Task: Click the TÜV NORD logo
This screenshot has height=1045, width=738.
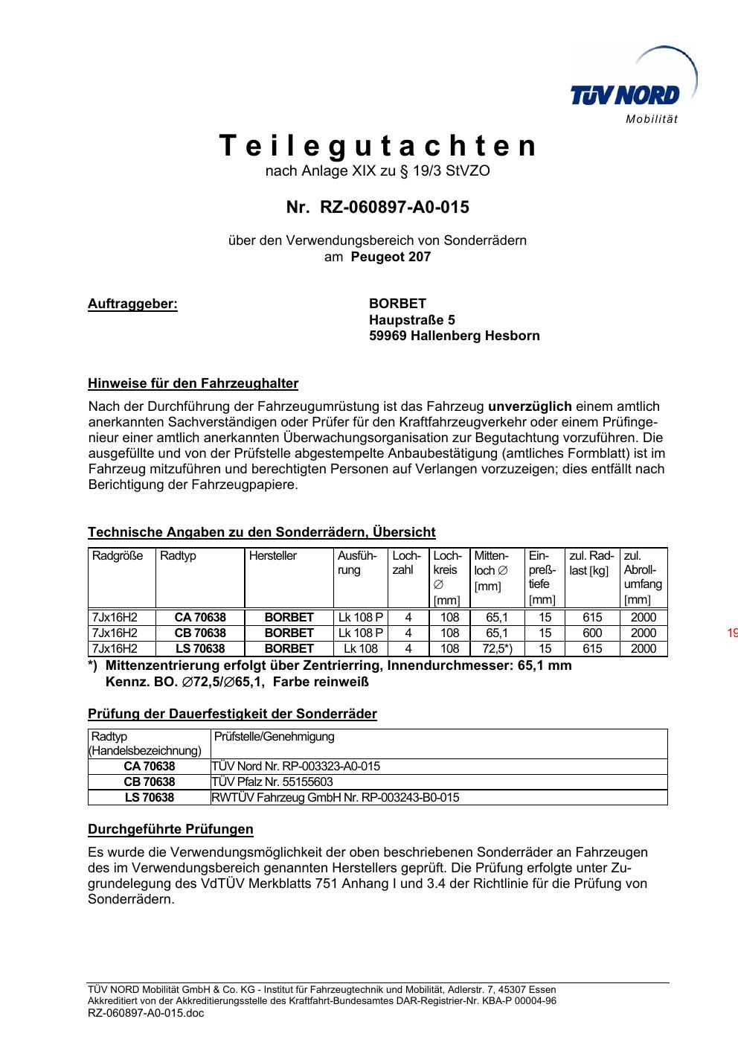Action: pyautogui.click(x=625, y=95)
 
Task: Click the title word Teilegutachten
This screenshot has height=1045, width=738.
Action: pyautogui.click(x=378, y=146)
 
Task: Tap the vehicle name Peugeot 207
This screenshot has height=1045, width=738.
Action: pyautogui.click(x=391, y=257)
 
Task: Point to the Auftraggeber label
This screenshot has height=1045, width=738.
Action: pyautogui.click(x=132, y=304)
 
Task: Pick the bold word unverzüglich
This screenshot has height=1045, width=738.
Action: pyautogui.click(x=530, y=406)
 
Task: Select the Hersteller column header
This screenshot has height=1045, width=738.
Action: pyautogui.click(x=273, y=556)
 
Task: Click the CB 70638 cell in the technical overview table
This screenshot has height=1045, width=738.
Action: pyautogui.click(x=200, y=633)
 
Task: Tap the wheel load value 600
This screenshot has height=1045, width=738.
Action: pyautogui.click(x=592, y=633)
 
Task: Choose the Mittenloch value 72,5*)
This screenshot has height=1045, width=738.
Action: pyautogui.click(x=496, y=649)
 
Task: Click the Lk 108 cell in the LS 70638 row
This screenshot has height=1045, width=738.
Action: pyautogui.click(x=361, y=649)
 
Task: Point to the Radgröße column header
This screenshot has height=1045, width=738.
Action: pyautogui.click(x=118, y=556)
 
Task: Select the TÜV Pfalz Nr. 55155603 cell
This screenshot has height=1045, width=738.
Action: pyautogui.click(x=272, y=782)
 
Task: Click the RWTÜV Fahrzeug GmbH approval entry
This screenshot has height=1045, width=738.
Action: pyautogui.click(x=336, y=798)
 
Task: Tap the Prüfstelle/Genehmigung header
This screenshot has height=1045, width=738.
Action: pyautogui.click(x=275, y=737)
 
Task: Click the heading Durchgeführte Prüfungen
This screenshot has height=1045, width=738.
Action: pyautogui.click(x=170, y=829)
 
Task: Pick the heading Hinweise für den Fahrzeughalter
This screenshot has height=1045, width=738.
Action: pyautogui.click(x=193, y=384)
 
